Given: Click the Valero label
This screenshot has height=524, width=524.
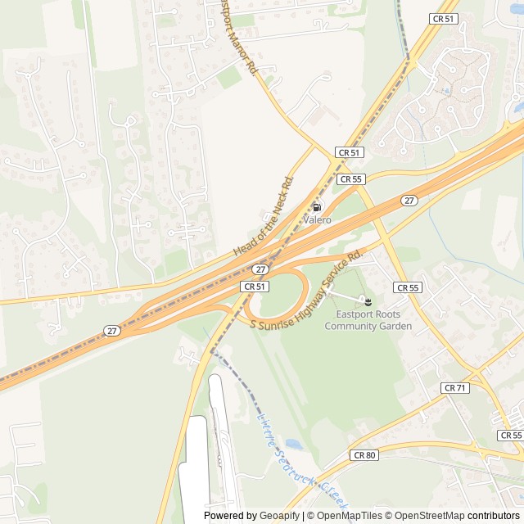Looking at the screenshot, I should pyautogui.click(x=317, y=220).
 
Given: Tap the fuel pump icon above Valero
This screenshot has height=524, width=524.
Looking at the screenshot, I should pyautogui.click(x=317, y=206).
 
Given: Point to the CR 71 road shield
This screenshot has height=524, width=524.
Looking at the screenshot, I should pyautogui.click(x=454, y=387).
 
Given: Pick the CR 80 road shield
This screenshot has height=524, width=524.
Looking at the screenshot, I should pyautogui.click(x=364, y=454).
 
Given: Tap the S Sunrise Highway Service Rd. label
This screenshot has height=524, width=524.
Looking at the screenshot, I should pyautogui.click(x=305, y=291).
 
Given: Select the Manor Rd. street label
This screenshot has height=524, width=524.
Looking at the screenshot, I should pyautogui.click(x=238, y=37).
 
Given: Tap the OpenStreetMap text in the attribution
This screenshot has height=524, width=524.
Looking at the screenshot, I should pyautogui.click(x=426, y=516).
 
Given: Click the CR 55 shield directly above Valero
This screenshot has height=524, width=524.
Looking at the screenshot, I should pyautogui.click(x=350, y=178).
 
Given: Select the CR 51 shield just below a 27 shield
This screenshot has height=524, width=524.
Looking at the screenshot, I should pyautogui.click(x=254, y=287).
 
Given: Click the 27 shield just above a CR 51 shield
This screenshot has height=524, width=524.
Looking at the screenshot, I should pyautogui.click(x=260, y=269).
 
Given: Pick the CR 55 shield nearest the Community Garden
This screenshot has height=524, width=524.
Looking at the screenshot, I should pyautogui.click(x=407, y=287).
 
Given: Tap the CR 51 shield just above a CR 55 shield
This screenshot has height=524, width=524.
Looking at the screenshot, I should pyautogui.click(x=349, y=153).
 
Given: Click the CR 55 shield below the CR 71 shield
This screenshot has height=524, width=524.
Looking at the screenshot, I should pyautogui.click(x=511, y=435).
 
